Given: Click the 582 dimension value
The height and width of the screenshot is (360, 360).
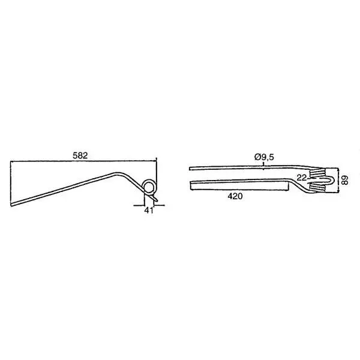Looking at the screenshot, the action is pos(80,155).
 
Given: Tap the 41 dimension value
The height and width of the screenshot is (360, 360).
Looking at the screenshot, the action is pos(149,210).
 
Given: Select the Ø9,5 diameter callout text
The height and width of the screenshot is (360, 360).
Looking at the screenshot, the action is pos(264,157).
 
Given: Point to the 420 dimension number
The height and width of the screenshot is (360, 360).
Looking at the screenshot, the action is pos(235,196).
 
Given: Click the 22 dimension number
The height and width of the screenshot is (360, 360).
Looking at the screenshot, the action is pos(301,178).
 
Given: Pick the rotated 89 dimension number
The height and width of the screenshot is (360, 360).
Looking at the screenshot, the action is pos(344,180).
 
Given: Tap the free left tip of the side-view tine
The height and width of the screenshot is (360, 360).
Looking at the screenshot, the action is pos(11,205).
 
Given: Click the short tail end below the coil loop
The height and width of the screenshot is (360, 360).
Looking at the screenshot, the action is pos(157,200).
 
